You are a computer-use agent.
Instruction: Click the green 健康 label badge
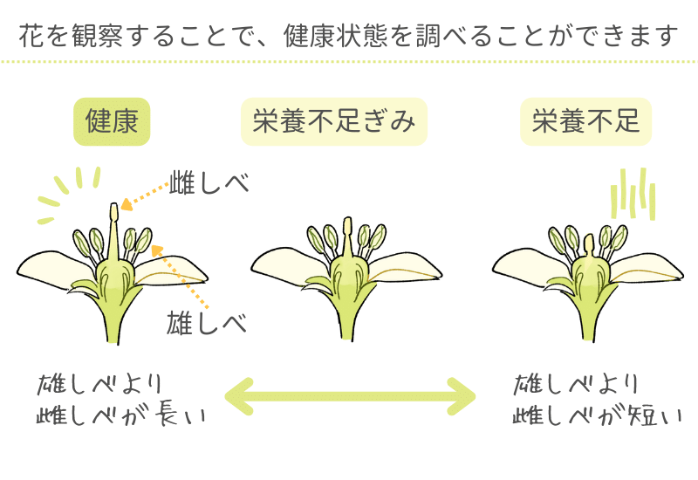(x=112, y=121)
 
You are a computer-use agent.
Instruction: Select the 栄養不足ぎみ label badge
(x=333, y=121)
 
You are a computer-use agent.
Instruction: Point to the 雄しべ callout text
(x=207, y=323)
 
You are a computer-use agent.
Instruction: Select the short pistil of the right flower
(x=588, y=242)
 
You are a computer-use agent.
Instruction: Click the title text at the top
(x=348, y=37)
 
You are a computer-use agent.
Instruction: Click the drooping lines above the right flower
(x=633, y=194)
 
